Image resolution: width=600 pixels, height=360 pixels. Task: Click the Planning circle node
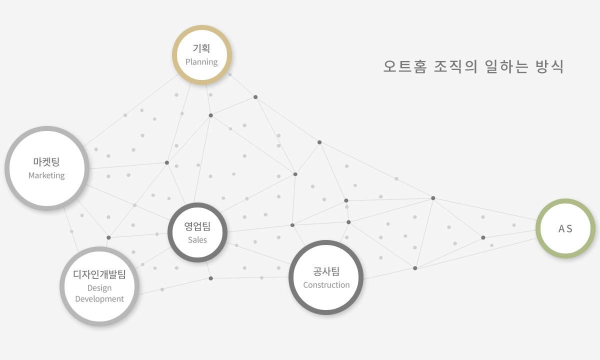201,55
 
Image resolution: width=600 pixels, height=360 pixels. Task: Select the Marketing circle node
46,168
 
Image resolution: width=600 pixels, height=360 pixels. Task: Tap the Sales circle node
197,232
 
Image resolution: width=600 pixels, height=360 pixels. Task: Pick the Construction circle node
326,277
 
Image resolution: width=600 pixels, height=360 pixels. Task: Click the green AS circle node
565,228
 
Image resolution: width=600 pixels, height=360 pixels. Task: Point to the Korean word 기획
201,48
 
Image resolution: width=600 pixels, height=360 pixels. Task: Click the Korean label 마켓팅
46,161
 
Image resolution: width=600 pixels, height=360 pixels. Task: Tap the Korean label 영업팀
197,226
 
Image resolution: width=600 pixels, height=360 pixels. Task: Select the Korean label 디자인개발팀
99,274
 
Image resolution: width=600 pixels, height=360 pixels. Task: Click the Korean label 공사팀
326,271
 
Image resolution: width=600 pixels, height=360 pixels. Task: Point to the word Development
99,299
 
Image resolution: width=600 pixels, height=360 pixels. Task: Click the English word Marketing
46,175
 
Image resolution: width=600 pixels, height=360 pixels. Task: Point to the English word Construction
326,285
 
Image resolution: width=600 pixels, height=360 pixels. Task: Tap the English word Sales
197,240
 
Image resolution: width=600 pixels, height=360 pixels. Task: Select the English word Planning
201,62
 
